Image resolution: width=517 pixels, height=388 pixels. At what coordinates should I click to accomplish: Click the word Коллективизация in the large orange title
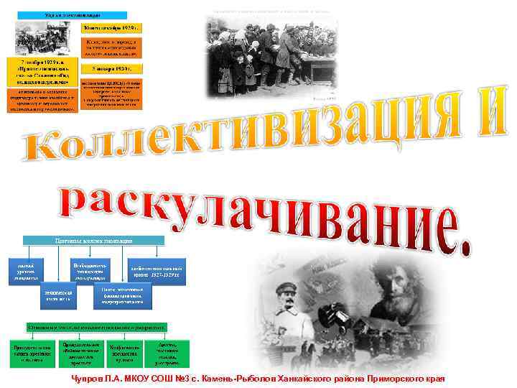tap(244, 133)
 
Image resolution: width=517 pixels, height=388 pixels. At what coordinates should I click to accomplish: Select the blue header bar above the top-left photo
tap(71, 14)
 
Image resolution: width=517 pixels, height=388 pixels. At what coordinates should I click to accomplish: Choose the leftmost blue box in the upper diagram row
tap(30, 272)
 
